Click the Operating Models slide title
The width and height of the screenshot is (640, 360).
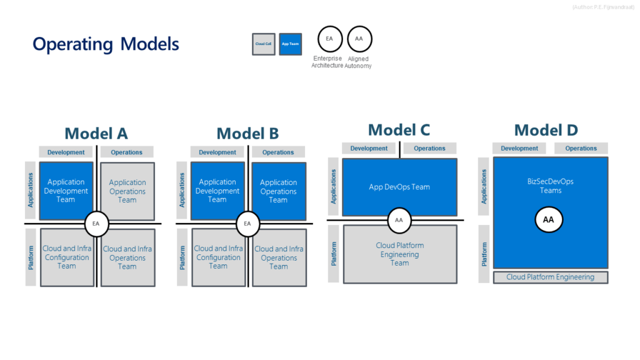[106, 44]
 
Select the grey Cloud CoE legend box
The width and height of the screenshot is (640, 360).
[263, 44]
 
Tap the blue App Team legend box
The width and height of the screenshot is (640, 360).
[290, 44]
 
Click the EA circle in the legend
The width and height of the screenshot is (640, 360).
[329, 39]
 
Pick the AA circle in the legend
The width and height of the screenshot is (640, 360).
[359, 39]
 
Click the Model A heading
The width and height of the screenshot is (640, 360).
[96, 133]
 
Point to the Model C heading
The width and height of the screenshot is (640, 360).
[399, 130]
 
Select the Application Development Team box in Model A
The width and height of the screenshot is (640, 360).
[66, 191]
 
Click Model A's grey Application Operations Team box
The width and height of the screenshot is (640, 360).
[127, 191]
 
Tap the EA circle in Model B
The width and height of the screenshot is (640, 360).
[247, 224]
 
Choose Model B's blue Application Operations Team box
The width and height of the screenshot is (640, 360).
[279, 191]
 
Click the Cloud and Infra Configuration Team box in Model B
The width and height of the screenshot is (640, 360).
[218, 257]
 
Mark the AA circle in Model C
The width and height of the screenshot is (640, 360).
[399, 220]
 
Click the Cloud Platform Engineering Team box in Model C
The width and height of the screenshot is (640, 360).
[400, 254]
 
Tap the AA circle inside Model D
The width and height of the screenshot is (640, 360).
[548, 220]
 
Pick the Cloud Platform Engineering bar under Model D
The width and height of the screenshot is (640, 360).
[550, 277]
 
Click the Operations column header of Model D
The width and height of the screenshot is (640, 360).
[581, 148]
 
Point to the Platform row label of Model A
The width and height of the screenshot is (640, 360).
[31, 257]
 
